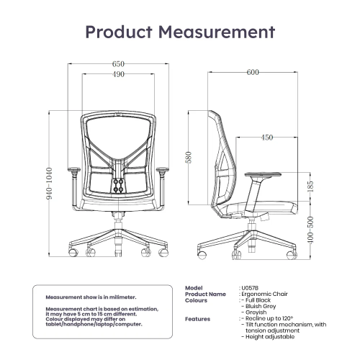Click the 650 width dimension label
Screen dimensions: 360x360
pyautogui.click(x=118, y=64)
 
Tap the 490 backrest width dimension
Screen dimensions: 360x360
pyautogui.click(x=118, y=74)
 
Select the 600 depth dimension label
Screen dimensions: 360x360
pyautogui.click(x=253, y=72)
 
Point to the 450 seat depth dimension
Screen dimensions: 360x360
pyautogui.click(x=267, y=138)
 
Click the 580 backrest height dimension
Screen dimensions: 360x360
pyautogui.click(x=189, y=158)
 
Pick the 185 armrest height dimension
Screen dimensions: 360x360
pyautogui.click(x=310, y=186)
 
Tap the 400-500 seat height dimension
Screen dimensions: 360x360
pyautogui.click(x=310, y=230)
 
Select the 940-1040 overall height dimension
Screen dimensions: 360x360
pyautogui.click(x=49, y=184)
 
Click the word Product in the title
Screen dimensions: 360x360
pyautogui.click(x=119, y=32)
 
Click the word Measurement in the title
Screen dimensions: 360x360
pyautogui.click(x=217, y=32)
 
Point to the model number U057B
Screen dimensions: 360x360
pyautogui.click(x=250, y=288)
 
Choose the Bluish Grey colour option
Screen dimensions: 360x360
pyautogui.click(x=261, y=306)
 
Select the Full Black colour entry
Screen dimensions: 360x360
pyautogui.click(x=258, y=300)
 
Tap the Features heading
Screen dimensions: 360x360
pyautogui.click(x=197, y=319)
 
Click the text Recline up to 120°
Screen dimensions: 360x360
pyautogui.click(x=269, y=318)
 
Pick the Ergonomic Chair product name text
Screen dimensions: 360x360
pyautogui.click(x=264, y=294)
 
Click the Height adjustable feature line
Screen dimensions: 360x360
pyautogui.click(x=270, y=337)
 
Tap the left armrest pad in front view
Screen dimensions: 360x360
pyautogui.click(x=74, y=170)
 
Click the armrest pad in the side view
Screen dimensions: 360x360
pyautogui.click(x=263, y=174)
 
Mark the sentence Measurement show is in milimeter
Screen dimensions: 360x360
pyautogui.click(x=91, y=297)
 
